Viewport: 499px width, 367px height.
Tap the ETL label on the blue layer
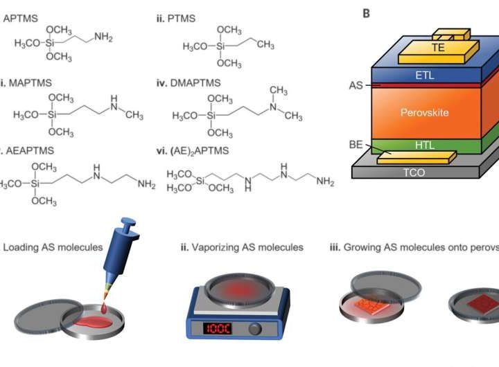(426, 75)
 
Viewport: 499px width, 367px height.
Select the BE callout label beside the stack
(355, 144)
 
